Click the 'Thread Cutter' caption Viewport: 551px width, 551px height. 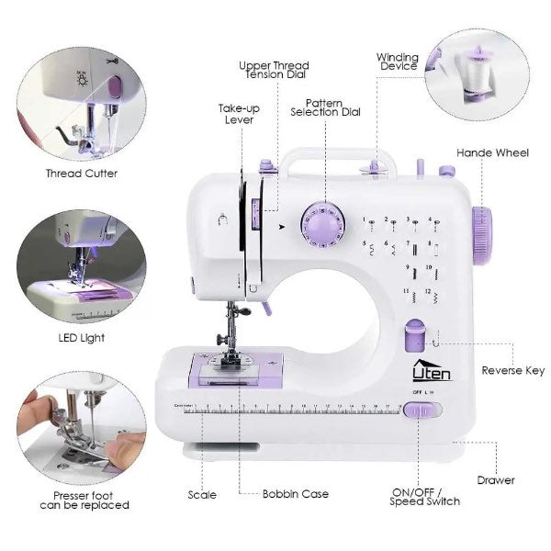point(82,173)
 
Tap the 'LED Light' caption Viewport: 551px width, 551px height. point(82,338)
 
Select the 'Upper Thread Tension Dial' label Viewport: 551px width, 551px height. point(274,71)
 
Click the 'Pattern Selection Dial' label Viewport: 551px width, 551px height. point(325,107)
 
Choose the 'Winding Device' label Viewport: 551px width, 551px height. point(397,62)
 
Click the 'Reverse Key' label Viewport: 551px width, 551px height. point(512,371)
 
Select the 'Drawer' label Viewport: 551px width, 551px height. point(496,480)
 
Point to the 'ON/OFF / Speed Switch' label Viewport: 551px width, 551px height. point(426,496)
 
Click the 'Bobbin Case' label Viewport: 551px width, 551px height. point(295,494)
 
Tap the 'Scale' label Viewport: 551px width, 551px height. point(202,494)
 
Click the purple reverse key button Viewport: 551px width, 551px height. point(413,337)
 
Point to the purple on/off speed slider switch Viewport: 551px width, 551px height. point(418,410)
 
